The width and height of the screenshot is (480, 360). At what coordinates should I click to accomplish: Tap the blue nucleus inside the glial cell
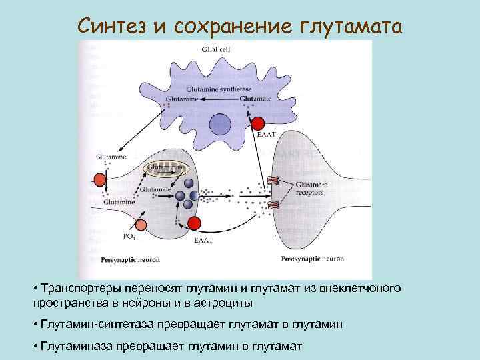(220, 125)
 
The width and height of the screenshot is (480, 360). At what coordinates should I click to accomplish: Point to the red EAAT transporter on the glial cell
(258, 123)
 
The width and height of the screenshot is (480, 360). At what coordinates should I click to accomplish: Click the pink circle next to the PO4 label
(141, 224)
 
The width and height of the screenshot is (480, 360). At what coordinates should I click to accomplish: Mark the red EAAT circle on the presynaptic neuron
(195, 223)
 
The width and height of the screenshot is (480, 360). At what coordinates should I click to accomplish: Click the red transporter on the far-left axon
(101, 179)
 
